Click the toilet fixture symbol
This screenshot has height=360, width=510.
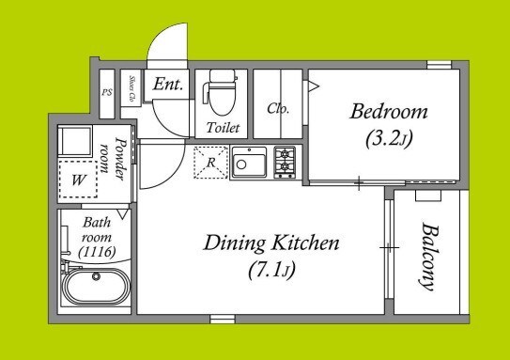220,93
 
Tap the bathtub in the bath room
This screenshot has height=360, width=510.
97,287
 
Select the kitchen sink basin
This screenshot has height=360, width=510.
249,163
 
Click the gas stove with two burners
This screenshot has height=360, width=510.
285,162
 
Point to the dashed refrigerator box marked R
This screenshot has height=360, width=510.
210,163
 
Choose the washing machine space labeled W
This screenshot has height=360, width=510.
78,179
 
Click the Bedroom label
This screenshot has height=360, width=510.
389,112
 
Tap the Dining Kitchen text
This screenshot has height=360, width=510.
270,243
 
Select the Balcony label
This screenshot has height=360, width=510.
428,257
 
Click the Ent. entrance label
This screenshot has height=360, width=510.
168,84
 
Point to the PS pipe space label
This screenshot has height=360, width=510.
107,92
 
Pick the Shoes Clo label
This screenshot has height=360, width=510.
132,88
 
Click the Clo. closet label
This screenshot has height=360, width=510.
278,108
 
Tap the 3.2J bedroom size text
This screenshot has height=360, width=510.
389,140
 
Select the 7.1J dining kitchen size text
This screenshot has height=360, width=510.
272,271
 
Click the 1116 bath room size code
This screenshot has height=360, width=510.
97,252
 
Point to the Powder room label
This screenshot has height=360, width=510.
113,159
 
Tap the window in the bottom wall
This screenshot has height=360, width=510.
223,319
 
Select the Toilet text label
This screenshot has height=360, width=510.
224,128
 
